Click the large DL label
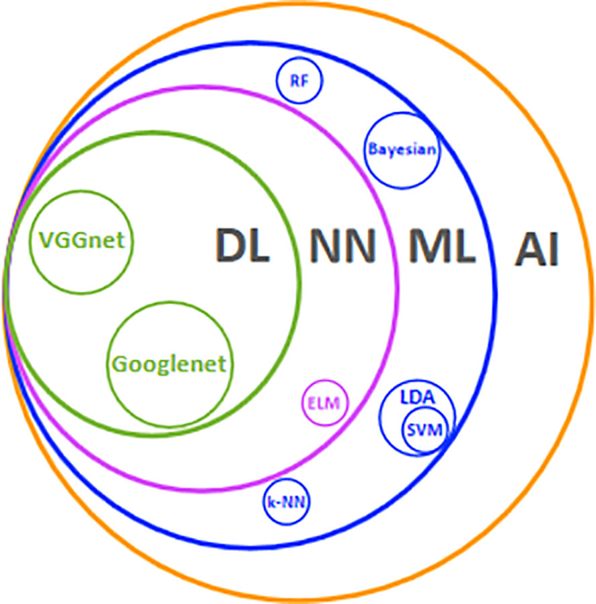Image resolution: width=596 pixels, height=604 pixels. tap(243, 246)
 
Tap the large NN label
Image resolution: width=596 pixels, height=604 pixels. tap(342, 246)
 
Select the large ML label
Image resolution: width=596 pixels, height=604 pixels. tap(443, 246)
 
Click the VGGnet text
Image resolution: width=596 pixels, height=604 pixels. tap(81, 240)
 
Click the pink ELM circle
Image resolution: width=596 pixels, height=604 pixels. tap(324, 404)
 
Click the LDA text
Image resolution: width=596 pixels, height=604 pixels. tap(418, 397)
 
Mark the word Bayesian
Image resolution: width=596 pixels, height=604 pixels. tap(402, 149)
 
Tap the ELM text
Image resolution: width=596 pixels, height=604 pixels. tap(324, 404)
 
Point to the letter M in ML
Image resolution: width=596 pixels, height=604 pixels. tap(431, 246)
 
